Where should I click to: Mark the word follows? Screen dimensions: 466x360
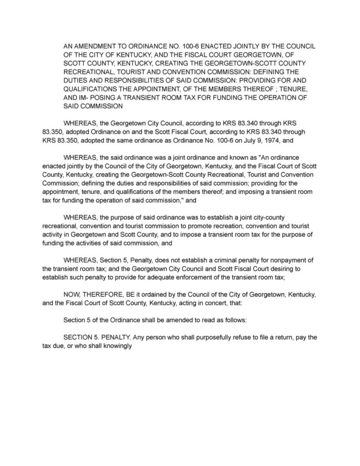pyautogui.click(x=235, y=320)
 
